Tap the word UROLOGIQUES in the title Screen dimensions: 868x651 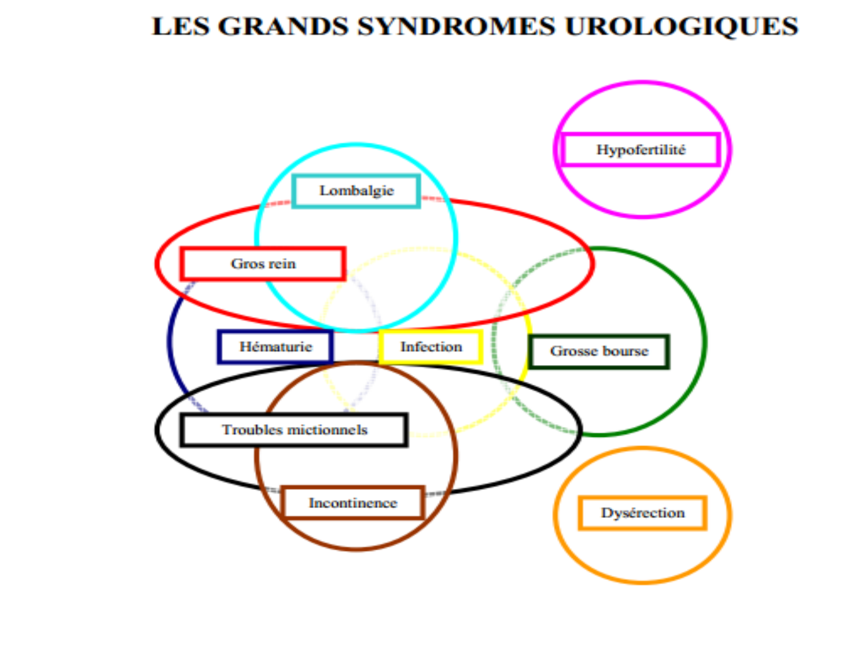[682, 27]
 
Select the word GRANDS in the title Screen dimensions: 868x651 [283, 27]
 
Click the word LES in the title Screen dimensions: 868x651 [181, 27]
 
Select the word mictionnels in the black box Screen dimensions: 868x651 [330, 429]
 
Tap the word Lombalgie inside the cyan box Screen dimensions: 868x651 [356, 191]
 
